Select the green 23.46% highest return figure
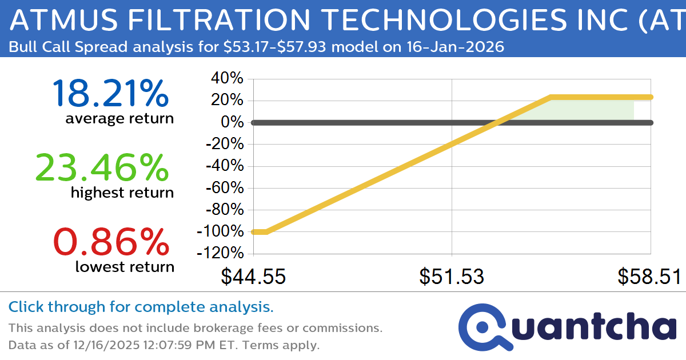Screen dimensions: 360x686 (x=102, y=167)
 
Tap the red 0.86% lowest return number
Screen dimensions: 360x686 (x=111, y=242)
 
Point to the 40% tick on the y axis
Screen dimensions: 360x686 (x=228, y=79)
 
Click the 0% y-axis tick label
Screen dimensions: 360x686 (x=233, y=123)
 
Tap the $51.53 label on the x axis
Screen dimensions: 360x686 (x=452, y=277)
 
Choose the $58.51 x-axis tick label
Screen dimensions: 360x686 (x=649, y=277)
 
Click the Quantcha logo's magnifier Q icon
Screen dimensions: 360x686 (x=482, y=327)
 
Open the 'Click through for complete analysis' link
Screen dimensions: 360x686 (x=141, y=307)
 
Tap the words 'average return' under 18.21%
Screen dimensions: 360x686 (x=119, y=118)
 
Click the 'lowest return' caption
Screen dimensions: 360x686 (x=124, y=267)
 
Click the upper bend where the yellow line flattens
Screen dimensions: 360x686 (x=551, y=98)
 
